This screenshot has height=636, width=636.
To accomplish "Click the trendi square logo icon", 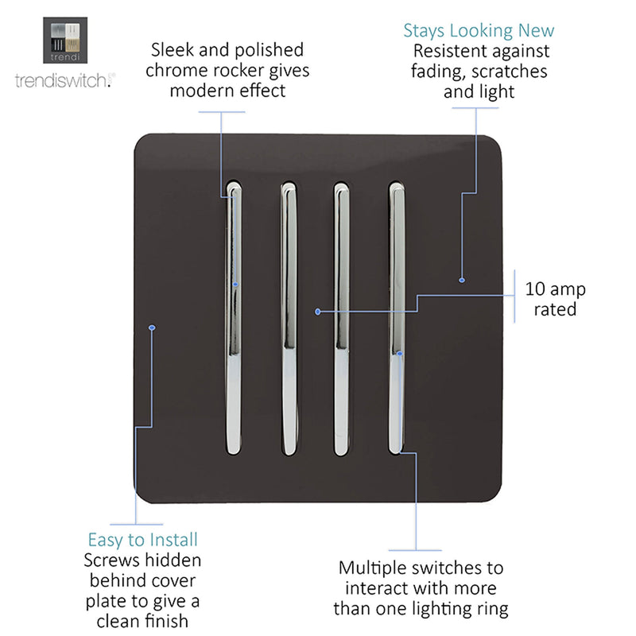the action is click(x=65, y=41).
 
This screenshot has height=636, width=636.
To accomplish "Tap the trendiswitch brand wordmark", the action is click(x=65, y=80).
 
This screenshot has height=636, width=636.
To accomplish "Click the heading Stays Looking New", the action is click(x=479, y=31).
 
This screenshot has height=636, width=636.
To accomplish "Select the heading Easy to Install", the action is click(x=143, y=540).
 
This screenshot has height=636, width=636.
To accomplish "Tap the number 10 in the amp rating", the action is click(x=535, y=289).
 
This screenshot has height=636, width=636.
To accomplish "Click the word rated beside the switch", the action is click(x=555, y=309).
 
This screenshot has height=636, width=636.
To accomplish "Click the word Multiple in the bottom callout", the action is click(x=373, y=568).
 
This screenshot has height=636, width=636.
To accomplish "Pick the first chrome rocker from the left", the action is click(x=234, y=318).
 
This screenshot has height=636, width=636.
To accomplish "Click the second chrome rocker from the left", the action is click(x=289, y=319).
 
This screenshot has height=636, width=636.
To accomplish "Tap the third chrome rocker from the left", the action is click(x=341, y=319).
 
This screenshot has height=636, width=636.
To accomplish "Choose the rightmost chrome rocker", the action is click(x=396, y=318).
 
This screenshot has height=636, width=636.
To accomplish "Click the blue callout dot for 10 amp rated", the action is click(x=318, y=312).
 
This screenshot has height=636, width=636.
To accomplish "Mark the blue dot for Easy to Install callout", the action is click(x=152, y=328).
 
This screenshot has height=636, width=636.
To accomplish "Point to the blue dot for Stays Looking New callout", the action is click(x=462, y=280).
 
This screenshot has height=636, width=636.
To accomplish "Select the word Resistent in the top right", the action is click(x=444, y=51).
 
